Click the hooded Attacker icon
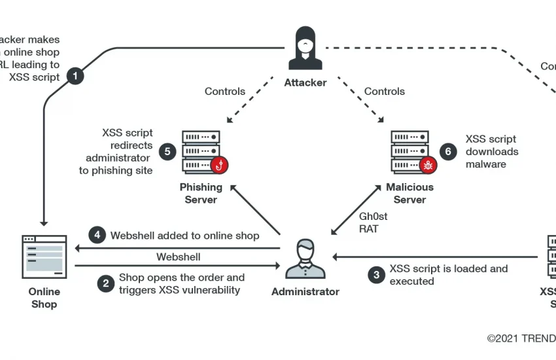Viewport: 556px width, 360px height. [x=305, y=48]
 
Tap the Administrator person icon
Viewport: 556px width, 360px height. [x=305, y=259]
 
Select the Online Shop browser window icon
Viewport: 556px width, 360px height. [x=44, y=256]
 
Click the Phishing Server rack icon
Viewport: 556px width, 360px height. [x=201, y=152]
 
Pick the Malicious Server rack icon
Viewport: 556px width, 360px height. [x=410, y=152]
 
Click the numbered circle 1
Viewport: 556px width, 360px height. [x=76, y=76]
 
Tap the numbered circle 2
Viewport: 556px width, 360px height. [x=105, y=283]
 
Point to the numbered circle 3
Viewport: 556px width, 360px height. [x=375, y=275]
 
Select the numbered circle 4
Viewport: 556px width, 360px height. [x=97, y=235]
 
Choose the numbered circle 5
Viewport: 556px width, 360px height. [x=168, y=152]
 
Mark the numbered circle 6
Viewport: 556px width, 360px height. [x=448, y=152]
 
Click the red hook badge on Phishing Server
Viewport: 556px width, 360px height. [x=220, y=165]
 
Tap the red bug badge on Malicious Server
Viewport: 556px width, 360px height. [x=429, y=165]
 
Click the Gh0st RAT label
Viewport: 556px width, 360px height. [x=374, y=223]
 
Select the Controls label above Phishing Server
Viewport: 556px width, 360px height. [x=225, y=91]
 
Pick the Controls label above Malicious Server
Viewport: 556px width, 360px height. [x=385, y=91]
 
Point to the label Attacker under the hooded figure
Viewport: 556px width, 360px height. [x=305, y=83]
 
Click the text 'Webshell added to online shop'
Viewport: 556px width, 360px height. [x=185, y=235]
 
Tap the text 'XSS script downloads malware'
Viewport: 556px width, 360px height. [x=492, y=152]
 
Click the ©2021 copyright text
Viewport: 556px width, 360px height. [x=521, y=338]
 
